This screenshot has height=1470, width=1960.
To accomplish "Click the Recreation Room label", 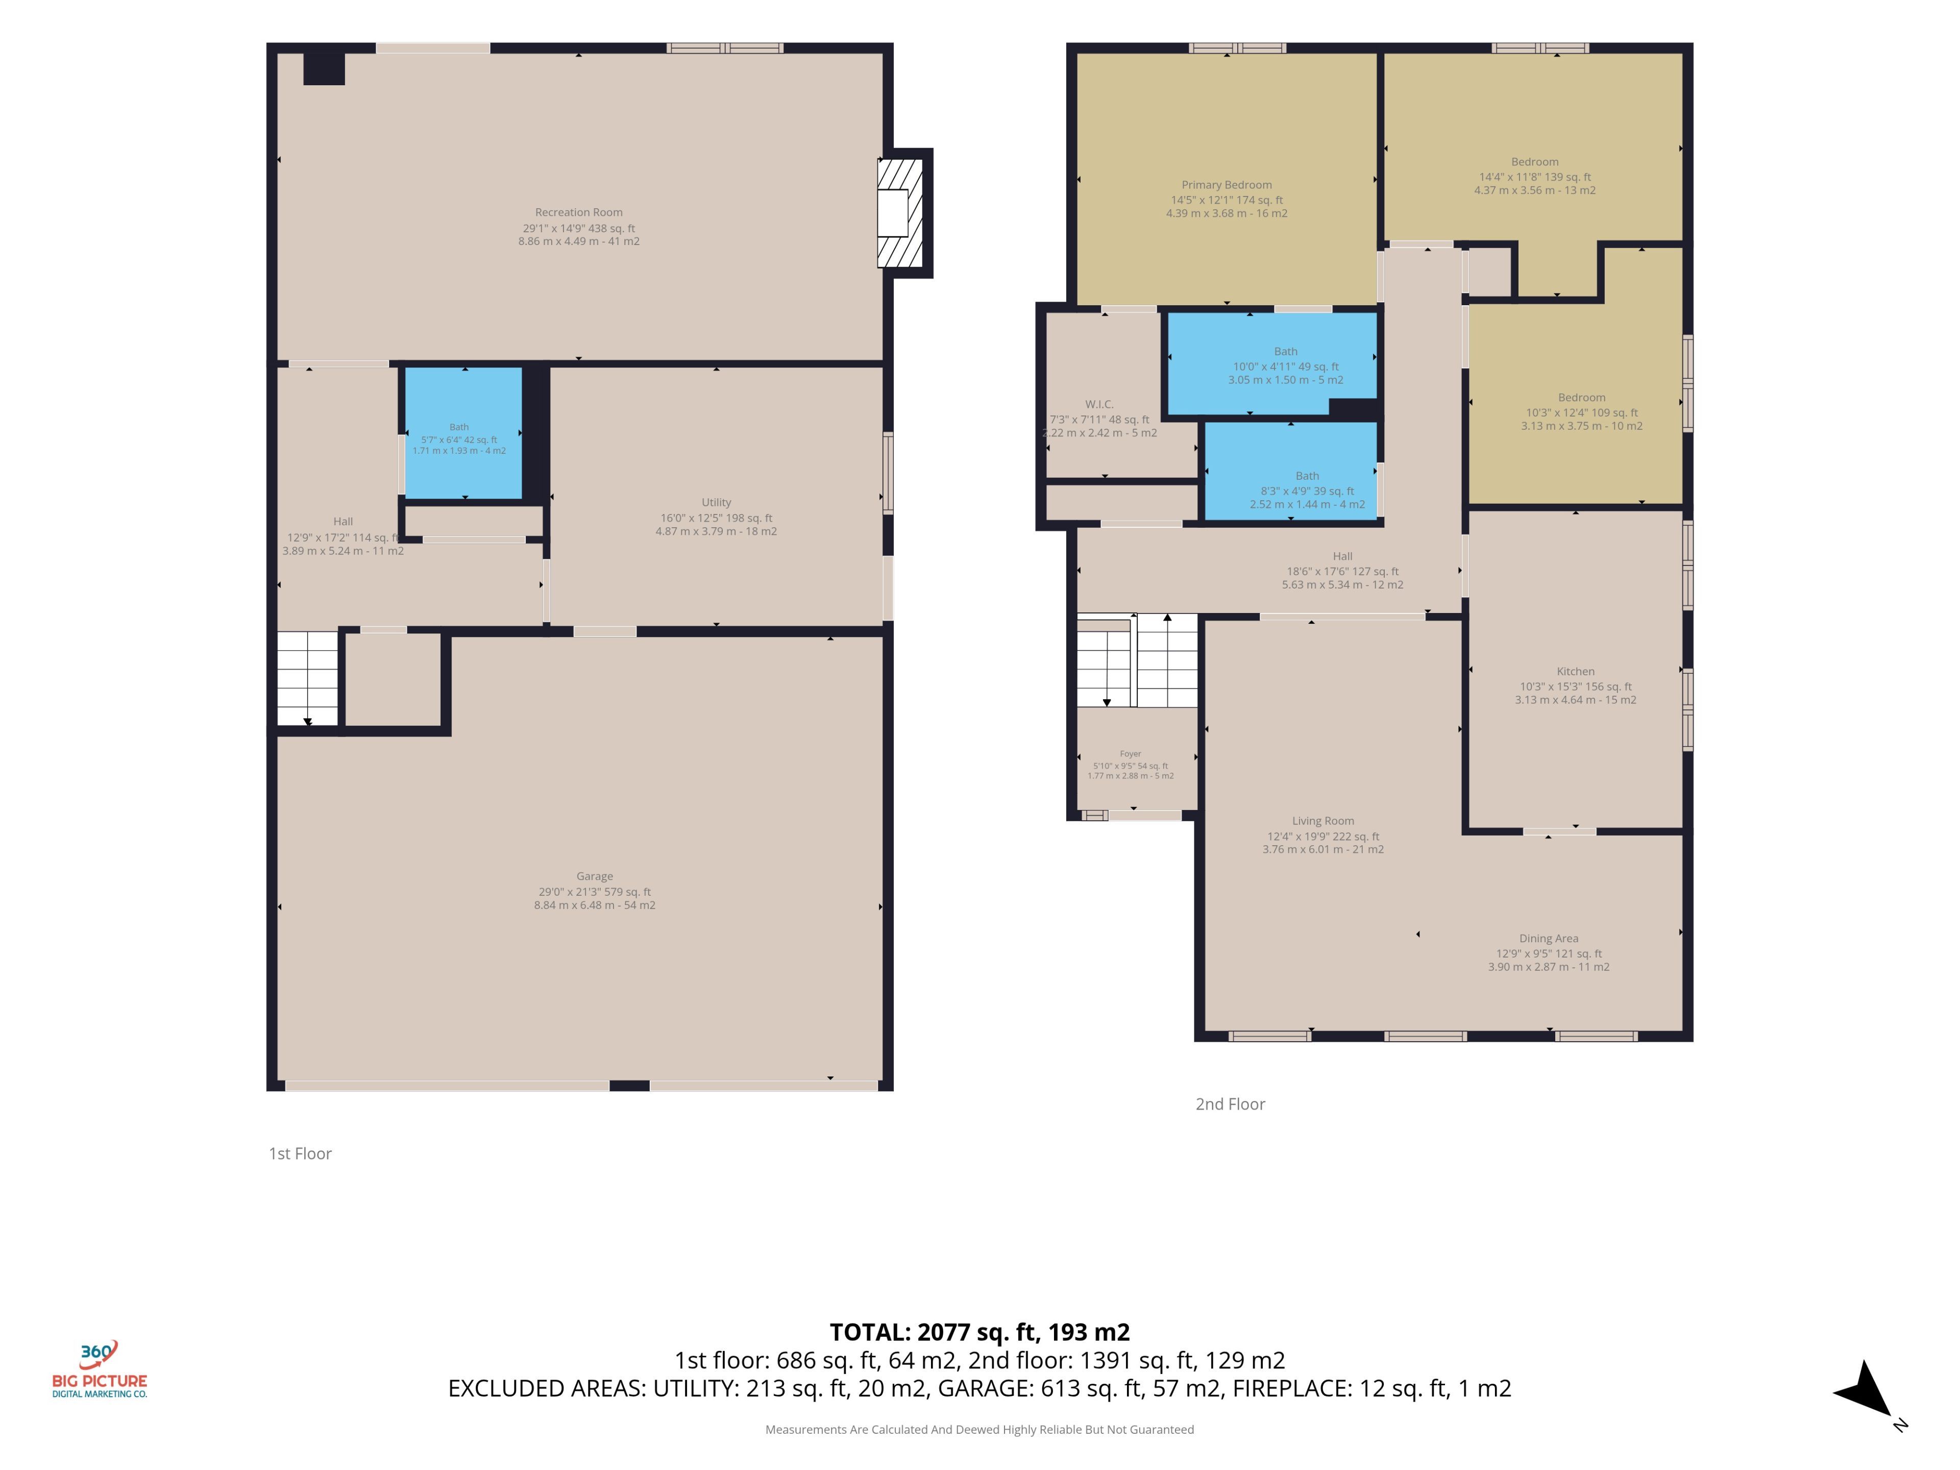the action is pyautogui.click(x=579, y=213).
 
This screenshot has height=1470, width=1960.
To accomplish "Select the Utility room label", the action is pyautogui.click(x=716, y=502).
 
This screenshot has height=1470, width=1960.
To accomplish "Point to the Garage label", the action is pyautogui.click(x=595, y=876).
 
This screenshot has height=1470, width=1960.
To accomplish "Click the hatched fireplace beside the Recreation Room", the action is pyautogui.click(x=900, y=213).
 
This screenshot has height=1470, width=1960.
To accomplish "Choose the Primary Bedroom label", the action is pyautogui.click(x=1227, y=185).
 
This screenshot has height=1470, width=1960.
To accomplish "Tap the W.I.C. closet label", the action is pyautogui.click(x=1099, y=404).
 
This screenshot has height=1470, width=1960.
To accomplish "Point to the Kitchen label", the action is pyautogui.click(x=1576, y=672).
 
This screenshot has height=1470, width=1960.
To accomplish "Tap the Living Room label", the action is pyautogui.click(x=1323, y=821).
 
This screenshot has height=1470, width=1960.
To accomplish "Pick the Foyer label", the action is pyautogui.click(x=1131, y=754).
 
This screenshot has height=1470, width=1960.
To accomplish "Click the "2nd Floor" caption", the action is pyautogui.click(x=1230, y=1104).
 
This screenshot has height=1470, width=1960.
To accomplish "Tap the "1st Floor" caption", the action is pyautogui.click(x=300, y=1154).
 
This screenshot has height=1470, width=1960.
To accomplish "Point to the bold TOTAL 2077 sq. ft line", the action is pyautogui.click(x=980, y=1332).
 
